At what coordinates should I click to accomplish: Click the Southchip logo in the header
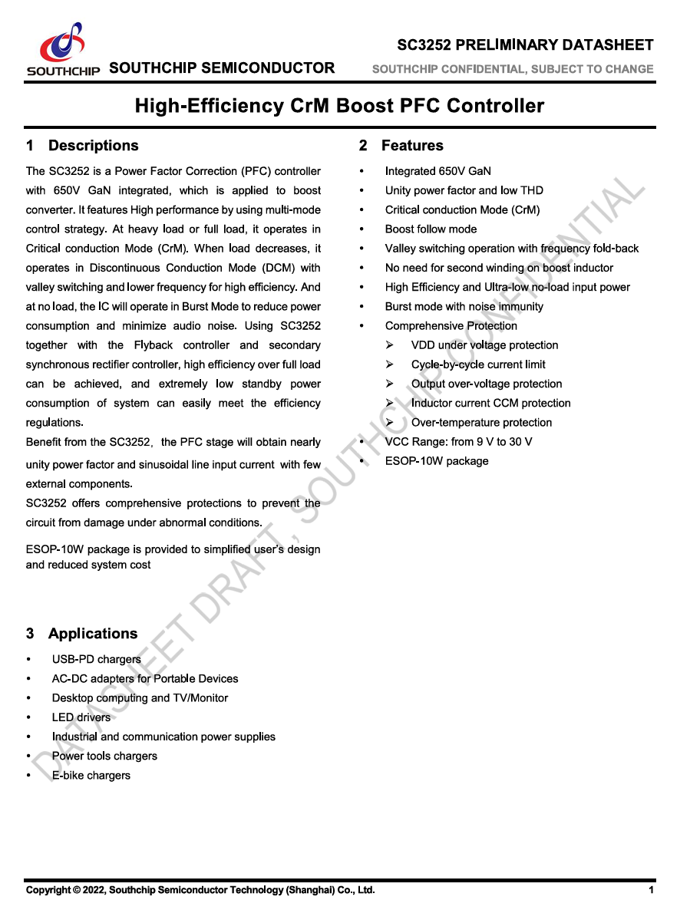64,48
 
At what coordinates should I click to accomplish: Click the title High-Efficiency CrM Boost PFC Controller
339,105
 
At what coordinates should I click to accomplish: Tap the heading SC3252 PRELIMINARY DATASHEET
525,45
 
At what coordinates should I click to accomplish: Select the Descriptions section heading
93,146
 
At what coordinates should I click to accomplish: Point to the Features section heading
411,146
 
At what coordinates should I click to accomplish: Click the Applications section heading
92,634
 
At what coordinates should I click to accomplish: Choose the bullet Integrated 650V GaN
437,171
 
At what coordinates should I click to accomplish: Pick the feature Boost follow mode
431,229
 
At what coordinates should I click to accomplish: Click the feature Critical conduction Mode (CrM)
462,210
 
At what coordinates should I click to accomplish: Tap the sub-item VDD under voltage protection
484,345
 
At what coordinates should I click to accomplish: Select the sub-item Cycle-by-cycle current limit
478,364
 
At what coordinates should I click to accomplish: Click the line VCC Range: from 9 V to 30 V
458,442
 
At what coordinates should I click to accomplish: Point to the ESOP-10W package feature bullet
436,461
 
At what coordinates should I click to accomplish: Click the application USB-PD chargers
97,659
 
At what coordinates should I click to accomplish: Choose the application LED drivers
81,717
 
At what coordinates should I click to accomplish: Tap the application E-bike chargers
91,776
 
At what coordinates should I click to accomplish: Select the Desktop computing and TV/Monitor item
140,698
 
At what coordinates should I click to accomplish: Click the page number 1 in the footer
651,890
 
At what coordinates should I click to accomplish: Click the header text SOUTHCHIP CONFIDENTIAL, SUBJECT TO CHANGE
513,69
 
